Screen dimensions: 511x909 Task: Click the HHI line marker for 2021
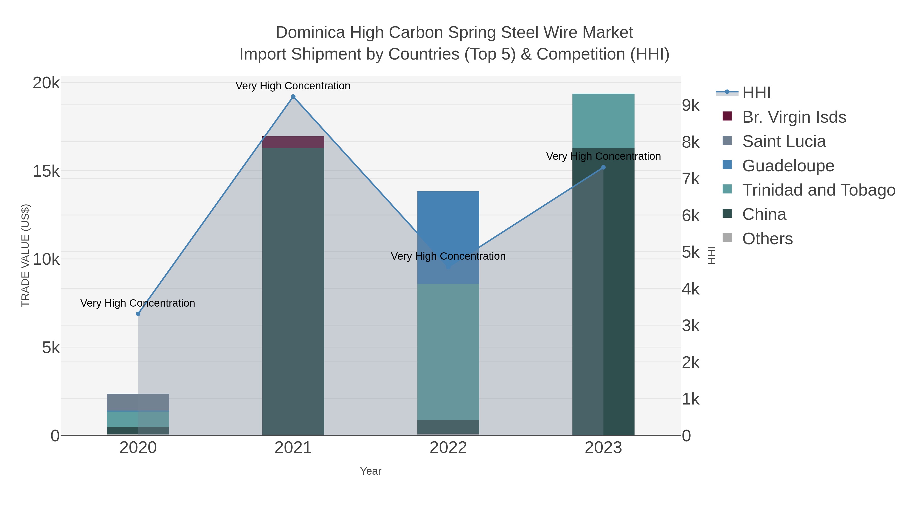pyautogui.click(x=293, y=97)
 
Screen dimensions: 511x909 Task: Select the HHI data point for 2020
pyautogui.click(x=138, y=314)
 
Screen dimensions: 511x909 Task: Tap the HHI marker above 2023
pyautogui.click(x=603, y=168)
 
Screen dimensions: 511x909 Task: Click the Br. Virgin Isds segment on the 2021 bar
pyautogui.click(x=293, y=142)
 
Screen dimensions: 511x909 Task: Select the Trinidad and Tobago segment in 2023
pyautogui.click(x=603, y=121)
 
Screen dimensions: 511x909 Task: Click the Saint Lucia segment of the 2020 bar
pyautogui.click(x=138, y=402)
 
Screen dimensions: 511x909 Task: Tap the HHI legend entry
pyautogui.click(x=756, y=93)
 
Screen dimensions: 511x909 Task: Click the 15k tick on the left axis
pyautogui.click(x=46, y=171)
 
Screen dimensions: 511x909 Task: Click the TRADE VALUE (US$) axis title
pyautogui.click(x=26, y=255)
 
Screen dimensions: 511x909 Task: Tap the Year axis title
pyautogui.click(x=370, y=471)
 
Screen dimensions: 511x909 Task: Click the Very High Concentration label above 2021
pyautogui.click(x=293, y=86)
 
